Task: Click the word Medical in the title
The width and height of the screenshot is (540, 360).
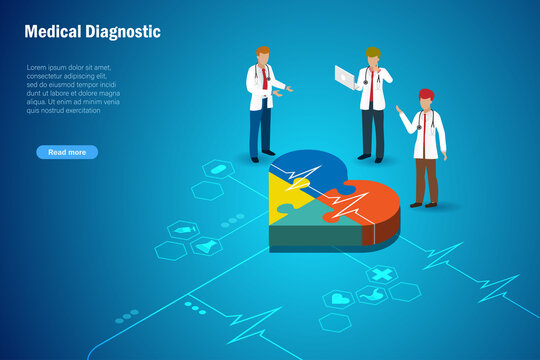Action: coord(53,32)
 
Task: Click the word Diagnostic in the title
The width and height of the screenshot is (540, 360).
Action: coord(123,32)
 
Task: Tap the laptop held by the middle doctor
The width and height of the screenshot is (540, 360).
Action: coord(346,74)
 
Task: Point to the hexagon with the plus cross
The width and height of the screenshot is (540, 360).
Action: coord(382,273)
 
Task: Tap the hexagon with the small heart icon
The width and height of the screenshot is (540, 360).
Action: coord(339,299)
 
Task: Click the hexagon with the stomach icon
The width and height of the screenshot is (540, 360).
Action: coord(372,294)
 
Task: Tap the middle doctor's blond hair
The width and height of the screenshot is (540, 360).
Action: coord(373,51)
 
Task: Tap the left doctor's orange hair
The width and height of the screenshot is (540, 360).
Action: coord(263,50)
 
